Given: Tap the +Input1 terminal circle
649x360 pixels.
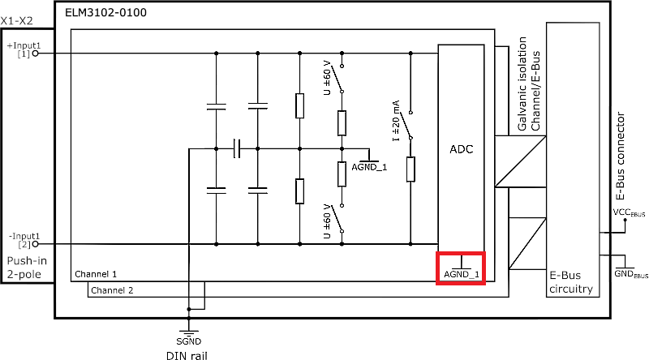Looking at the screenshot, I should tap(35, 54).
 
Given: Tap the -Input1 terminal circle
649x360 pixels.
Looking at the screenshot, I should tap(35, 244).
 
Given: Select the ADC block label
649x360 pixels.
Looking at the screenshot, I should tap(461, 150).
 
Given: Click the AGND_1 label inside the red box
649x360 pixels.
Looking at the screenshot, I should tap(461, 275).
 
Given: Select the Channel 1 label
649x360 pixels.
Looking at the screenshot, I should tap(96, 275).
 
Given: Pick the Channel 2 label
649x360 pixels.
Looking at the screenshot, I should tap(112, 290).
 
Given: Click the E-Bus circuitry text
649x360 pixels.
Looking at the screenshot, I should tap(572, 281).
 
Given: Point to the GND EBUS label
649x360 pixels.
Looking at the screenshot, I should tap(630, 274).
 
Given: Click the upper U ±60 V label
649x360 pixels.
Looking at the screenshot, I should tap(328, 77).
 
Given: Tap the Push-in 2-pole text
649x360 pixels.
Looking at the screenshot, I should tap(28, 268).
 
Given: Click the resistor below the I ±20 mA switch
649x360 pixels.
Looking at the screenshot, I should tap(410, 169).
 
